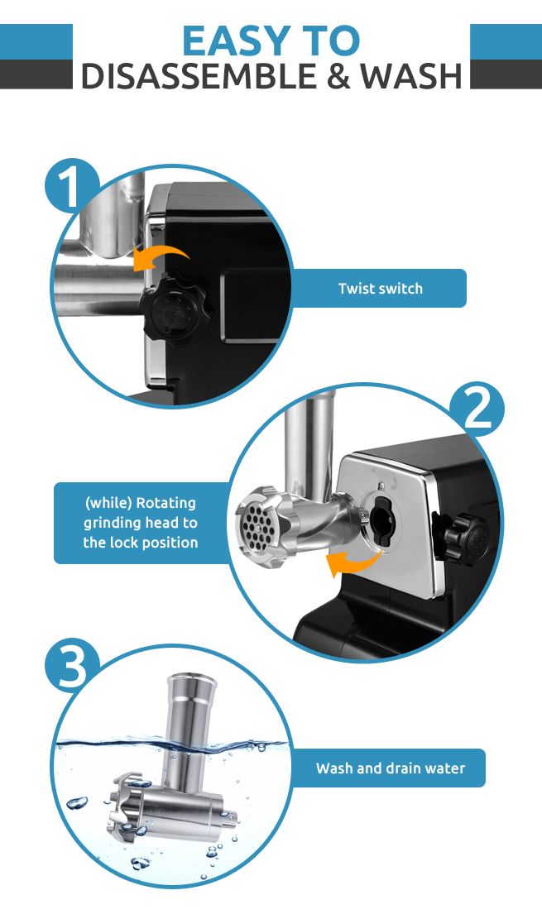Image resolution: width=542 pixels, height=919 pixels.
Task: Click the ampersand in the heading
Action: pos(330,76)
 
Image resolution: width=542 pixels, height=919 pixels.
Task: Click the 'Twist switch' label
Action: pos(380,289)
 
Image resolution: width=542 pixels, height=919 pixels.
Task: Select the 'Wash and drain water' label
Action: pos(390,768)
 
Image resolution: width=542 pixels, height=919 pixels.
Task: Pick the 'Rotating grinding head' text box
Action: pos(141,523)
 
